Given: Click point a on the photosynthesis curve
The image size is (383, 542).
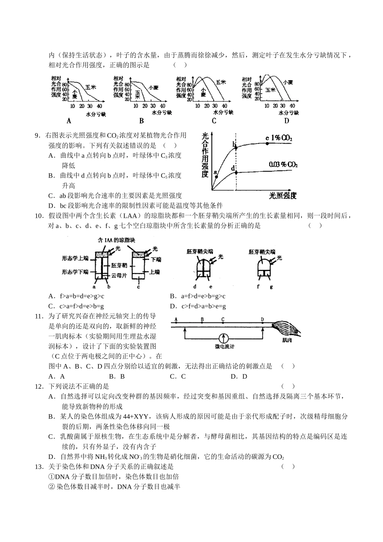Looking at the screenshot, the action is tap(216, 176).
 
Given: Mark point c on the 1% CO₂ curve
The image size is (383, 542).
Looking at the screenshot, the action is tap(267, 143).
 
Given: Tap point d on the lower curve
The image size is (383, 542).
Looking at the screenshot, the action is tap(236, 172).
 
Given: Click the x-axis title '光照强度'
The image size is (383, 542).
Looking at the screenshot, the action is tap(283, 196).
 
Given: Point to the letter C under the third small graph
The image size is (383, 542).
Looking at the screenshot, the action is tap(214, 121).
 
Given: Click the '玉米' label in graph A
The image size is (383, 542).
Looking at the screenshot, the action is tap(90, 87).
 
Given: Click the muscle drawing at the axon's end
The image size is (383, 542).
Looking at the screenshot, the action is tap(287, 329).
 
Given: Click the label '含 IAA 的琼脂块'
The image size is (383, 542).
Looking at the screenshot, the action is tap(117, 240).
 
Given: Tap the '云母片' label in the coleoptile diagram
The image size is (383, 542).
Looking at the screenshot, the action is tap(119, 275).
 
